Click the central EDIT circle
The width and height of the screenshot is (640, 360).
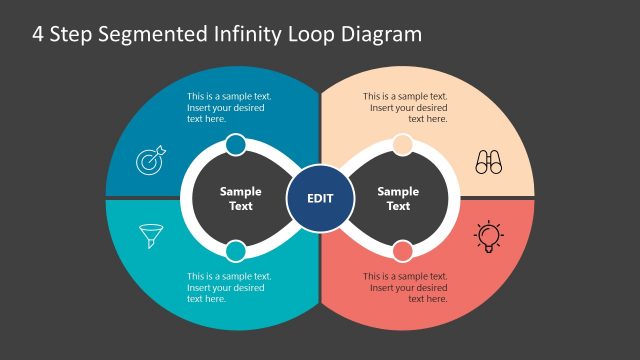coord(320,198)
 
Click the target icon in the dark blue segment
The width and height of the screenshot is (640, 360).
coord(150,160)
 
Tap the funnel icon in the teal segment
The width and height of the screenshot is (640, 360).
coord(150,237)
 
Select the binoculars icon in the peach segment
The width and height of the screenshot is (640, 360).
coord(488,162)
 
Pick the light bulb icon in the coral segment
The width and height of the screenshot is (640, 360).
coord(488,235)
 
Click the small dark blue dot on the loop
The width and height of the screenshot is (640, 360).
coord(236,146)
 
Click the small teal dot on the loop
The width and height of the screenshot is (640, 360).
coord(236,251)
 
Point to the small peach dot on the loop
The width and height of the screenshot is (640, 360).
coord(402,146)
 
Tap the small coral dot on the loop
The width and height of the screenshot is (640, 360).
coord(402,251)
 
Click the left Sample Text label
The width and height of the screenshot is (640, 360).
coord(241,198)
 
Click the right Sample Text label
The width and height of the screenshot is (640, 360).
coord(398,198)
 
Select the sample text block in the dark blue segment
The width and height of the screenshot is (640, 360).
coord(229,107)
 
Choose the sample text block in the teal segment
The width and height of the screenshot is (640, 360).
coord(229,287)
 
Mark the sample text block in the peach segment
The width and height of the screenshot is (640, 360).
coord(405,107)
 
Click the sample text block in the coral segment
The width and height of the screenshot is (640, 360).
coord(405,287)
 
